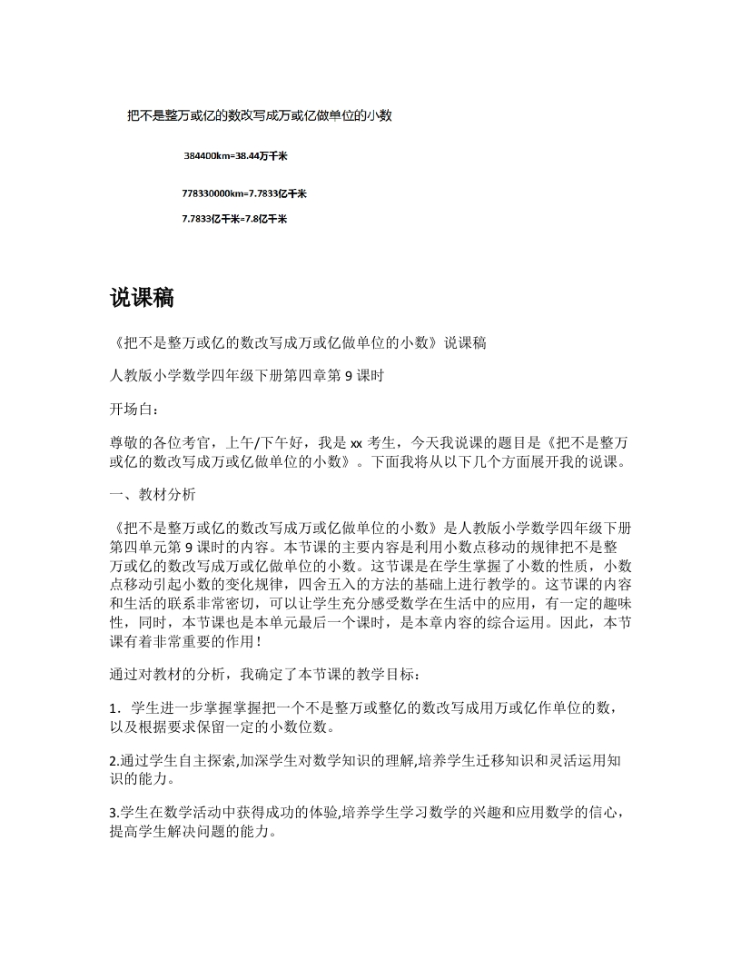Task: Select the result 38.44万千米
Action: coord(262,156)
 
